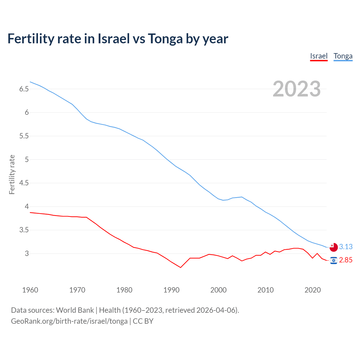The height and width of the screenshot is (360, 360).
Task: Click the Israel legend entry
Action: pyautogui.click(x=319, y=56)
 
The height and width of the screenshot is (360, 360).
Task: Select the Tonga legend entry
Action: pyautogui.click(x=343, y=56)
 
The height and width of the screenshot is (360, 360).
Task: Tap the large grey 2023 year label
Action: pyautogui.click(x=297, y=89)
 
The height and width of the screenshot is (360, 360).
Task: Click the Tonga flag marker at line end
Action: pyautogui.click(x=334, y=247)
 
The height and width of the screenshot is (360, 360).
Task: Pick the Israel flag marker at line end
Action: pyautogui.click(x=334, y=260)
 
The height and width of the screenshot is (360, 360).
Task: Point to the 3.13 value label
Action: pyautogui.click(x=346, y=247)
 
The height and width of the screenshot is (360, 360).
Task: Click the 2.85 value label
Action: pyautogui.click(x=346, y=260)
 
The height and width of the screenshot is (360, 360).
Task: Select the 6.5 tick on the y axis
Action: pyautogui.click(x=24, y=89)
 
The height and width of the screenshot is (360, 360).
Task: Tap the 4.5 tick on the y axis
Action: pyautogui.click(x=24, y=183)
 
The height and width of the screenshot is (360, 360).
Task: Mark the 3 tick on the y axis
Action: pyautogui.click(x=27, y=254)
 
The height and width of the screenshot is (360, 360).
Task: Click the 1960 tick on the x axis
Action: pyautogui.click(x=30, y=290)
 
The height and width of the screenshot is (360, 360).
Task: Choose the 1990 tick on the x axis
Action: pyautogui.click(x=171, y=290)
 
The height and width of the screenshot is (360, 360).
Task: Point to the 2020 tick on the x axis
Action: pyautogui.click(x=312, y=290)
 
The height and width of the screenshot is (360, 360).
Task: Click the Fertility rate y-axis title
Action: pyautogui.click(x=12, y=174)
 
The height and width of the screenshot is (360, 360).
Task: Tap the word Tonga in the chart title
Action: pyautogui.click(x=165, y=39)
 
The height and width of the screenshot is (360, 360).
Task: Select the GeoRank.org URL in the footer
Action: pyautogui.click(x=69, y=321)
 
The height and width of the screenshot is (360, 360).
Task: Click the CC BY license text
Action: pyautogui.click(x=143, y=321)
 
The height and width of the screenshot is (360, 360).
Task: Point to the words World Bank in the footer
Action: pyautogui.click(x=75, y=310)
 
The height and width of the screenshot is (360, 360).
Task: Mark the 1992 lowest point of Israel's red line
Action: pyautogui.click(x=181, y=267)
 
